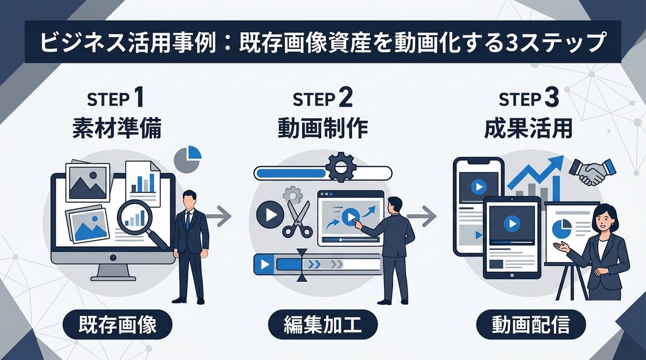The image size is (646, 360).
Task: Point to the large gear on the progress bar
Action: (340, 168)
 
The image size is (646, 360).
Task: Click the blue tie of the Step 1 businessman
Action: (188, 221)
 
